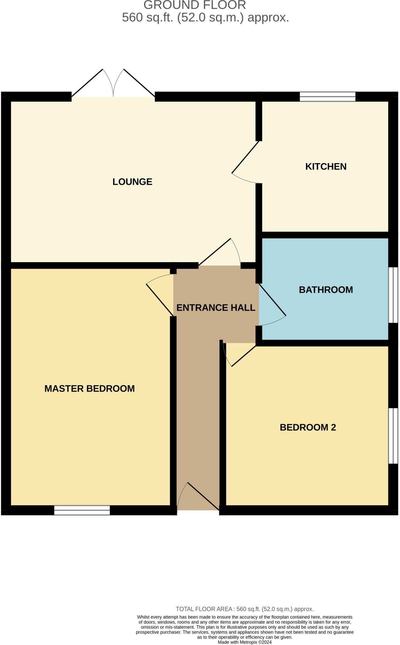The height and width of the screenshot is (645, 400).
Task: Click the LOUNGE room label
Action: (x=132, y=182)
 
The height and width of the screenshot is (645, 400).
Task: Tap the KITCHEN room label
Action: (x=326, y=167)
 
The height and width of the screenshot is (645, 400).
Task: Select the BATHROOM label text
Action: (x=326, y=290)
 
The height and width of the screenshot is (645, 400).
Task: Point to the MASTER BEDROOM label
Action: (x=89, y=389)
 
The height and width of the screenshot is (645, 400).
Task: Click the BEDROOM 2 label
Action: (x=308, y=427)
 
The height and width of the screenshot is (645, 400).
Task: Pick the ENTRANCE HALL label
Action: (x=216, y=308)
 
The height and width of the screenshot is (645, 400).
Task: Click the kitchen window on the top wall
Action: (x=327, y=96)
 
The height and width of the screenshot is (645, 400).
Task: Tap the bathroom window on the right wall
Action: (x=393, y=295)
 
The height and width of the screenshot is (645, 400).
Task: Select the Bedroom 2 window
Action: (x=393, y=436)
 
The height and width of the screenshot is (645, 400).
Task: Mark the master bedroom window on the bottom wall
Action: (x=82, y=510)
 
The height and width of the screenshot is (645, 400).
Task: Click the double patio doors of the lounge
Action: (x=113, y=85)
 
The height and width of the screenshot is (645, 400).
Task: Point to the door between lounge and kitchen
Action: (x=246, y=162)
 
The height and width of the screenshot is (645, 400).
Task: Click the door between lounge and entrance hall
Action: (x=220, y=254)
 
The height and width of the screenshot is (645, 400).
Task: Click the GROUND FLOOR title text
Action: (x=195, y=5)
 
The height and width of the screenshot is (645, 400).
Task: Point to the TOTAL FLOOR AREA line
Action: (x=244, y=609)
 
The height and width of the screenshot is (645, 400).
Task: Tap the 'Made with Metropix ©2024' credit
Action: (x=244, y=642)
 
